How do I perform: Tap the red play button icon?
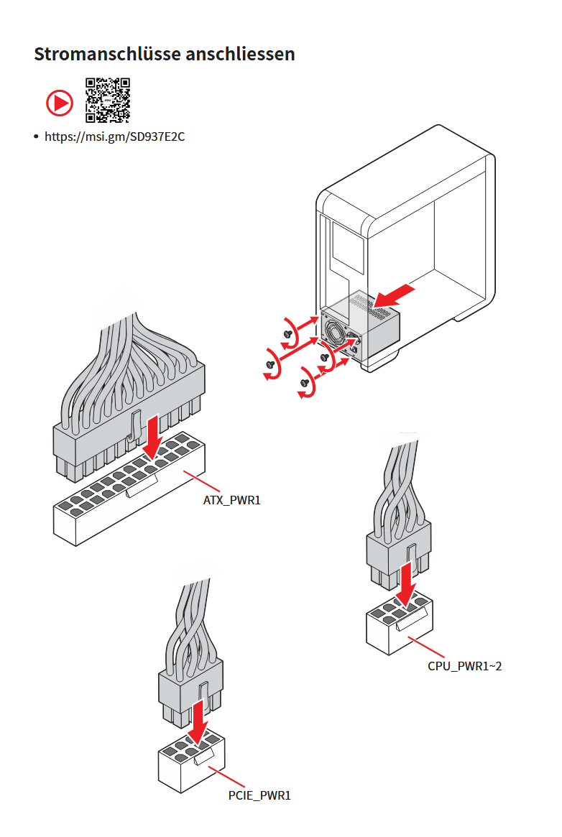(x=59, y=103)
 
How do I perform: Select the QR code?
(x=108, y=101)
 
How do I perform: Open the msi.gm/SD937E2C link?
(x=115, y=137)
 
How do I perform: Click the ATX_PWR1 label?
(x=231, y=500)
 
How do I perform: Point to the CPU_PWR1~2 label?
(x=464, y=666)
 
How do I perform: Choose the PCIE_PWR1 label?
(x=259, y=795)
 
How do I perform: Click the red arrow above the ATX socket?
(x=154, y=435)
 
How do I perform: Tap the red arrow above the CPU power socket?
(x=407, y=585)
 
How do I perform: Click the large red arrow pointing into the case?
(x=395, y=296)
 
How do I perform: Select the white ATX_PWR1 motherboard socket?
(x=129, y=489)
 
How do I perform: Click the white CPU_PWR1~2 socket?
(x=399, y=622)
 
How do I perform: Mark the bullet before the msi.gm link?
(x=36, y=137)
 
